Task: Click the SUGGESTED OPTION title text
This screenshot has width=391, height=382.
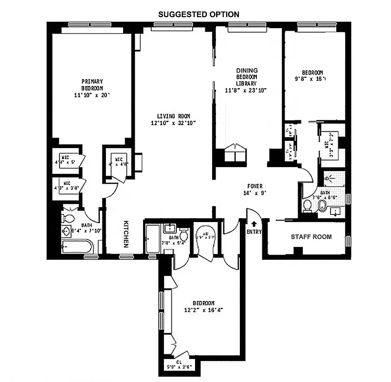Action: pyautogui.click(x=199, y=14)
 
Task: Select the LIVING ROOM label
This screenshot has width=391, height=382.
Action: pyautogui.click(x=174, y=116)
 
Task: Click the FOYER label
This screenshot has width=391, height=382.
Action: pyautogui.click(x=255, y=186)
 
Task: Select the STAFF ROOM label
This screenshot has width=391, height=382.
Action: pyautogui.click(x=311, y=237)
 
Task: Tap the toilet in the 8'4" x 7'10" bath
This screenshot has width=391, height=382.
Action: pyautogui.click(x=68, y=219)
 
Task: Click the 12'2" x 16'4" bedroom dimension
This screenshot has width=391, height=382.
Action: pyautogui.click(x=204, y=310)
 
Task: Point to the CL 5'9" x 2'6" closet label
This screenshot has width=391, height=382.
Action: pyautogui.click(x=179, y=365)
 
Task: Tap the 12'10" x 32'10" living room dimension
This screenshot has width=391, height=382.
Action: pyautogui.click(x=174, y=123)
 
